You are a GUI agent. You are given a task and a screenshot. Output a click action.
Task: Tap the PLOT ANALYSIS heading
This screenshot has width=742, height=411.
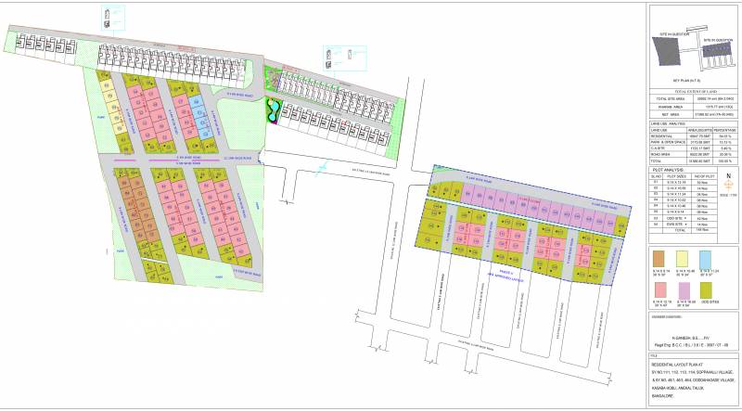click(669, 171)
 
